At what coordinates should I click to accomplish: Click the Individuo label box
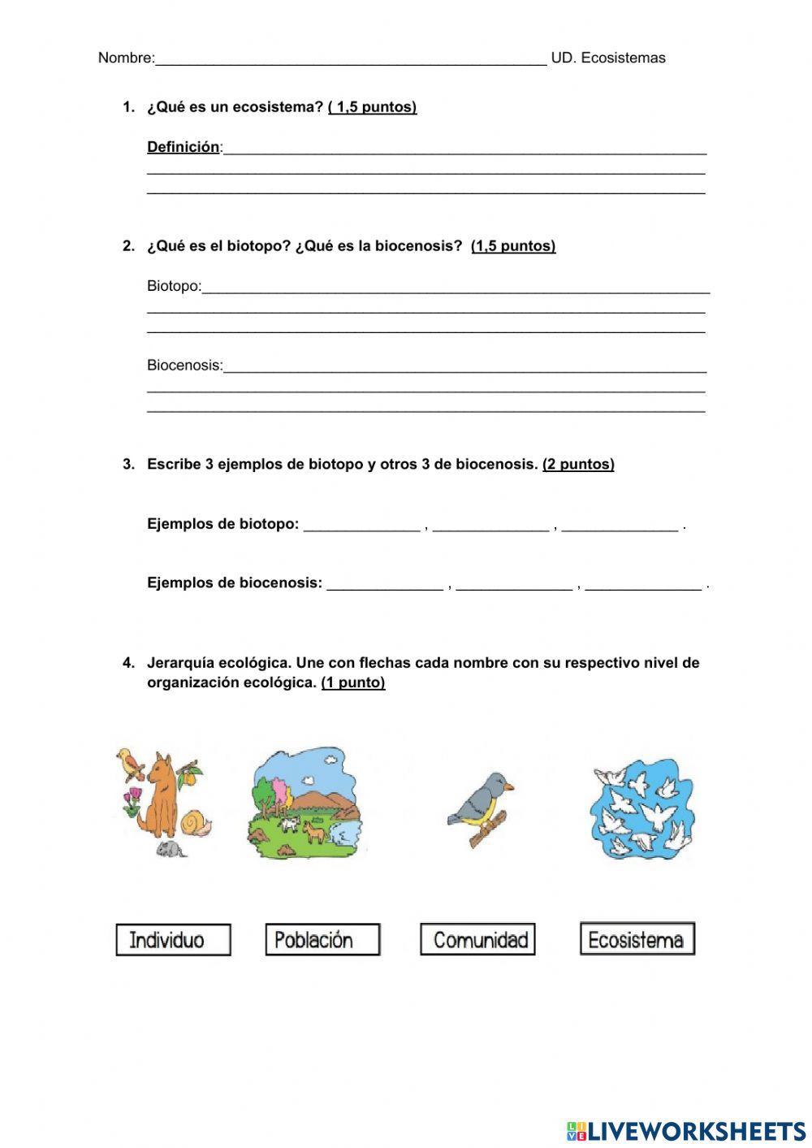[173, 940]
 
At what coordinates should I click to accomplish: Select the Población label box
[322, 940]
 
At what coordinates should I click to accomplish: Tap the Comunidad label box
[477, 940]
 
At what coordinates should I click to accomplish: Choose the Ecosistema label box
[637, 939]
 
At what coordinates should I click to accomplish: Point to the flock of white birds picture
[641, 809]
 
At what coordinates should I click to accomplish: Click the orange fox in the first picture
[162, 796]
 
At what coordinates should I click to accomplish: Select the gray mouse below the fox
[171, 849]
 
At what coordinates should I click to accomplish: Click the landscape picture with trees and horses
[304, 804]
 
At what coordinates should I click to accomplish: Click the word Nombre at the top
[125, 58]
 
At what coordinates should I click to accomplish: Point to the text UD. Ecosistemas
[608, 58]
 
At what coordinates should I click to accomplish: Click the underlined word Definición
[183, 147]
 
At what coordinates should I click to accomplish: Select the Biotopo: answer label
[174, 286]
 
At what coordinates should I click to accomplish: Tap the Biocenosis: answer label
[184, 366]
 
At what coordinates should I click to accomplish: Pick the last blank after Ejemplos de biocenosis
[643, 585]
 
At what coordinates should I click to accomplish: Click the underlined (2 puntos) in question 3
[578, 465]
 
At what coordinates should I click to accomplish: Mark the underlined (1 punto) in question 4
[352, 683]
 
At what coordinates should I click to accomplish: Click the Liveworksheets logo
[686, 1130]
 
